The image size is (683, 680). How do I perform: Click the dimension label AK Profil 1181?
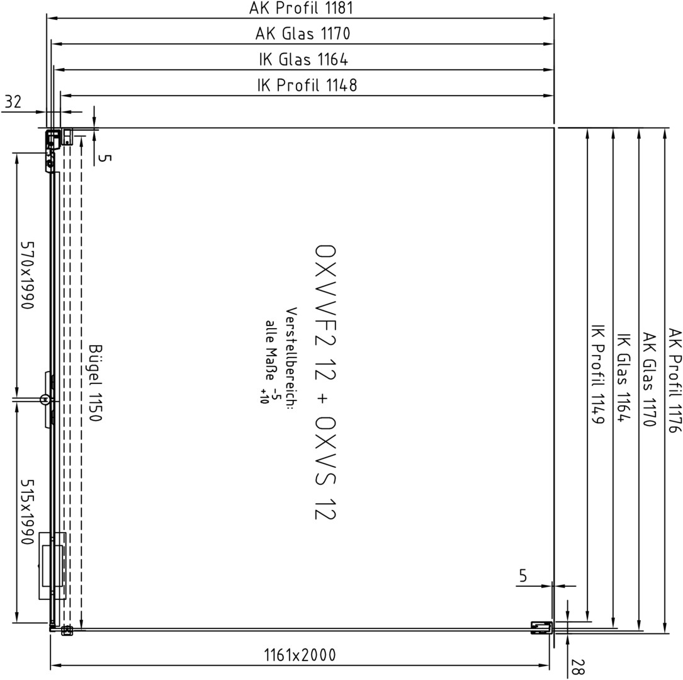click(300, 8)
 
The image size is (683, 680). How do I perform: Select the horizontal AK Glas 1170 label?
click(303, 33)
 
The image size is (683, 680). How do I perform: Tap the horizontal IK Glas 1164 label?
click(303, 59)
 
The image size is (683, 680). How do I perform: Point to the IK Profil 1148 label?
click(307, 85)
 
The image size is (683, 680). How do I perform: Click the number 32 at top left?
click(13, 102)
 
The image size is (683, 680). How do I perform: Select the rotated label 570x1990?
click(27, 275)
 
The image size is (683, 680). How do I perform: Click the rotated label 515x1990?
click(27, 513)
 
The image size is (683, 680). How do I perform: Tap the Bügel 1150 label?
click(96, 383)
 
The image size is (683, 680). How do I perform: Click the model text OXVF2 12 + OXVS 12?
click(325, 382)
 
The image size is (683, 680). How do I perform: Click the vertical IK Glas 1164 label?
click(624, 377)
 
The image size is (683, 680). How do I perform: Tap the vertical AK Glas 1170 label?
click(649, 379)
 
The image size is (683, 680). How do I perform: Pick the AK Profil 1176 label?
click(675, 380)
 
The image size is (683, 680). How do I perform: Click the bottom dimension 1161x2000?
click(300, 655)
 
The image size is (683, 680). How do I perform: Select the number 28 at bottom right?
click(578, 667)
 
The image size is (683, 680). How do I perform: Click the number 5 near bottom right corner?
click(523, 576)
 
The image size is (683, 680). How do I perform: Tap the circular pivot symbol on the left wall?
click(45, 399)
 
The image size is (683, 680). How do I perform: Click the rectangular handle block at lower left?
click(52, 565)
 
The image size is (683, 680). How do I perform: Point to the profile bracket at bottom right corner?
click(541, 627)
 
